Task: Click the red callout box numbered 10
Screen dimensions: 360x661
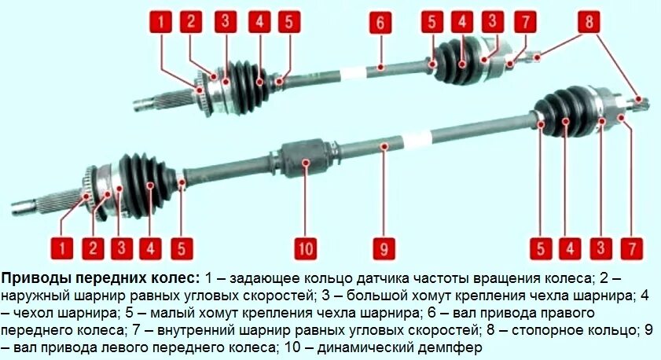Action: pyautogui.click(x=305, y=249)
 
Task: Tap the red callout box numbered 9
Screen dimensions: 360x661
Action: pyautogui.click(x=382, y=249)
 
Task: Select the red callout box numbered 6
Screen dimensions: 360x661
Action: pyautogui.click(x=379, y=22)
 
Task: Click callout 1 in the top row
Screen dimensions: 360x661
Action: pyautogui.click(x=161, y=22)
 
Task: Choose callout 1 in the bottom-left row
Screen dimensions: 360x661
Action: pyautogui.click(x=63, y=249)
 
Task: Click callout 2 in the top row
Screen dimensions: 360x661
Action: pyautogui.click(x=190, y=22)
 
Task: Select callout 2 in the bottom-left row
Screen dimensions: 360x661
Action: pyautogui.click(x=93, y=249)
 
